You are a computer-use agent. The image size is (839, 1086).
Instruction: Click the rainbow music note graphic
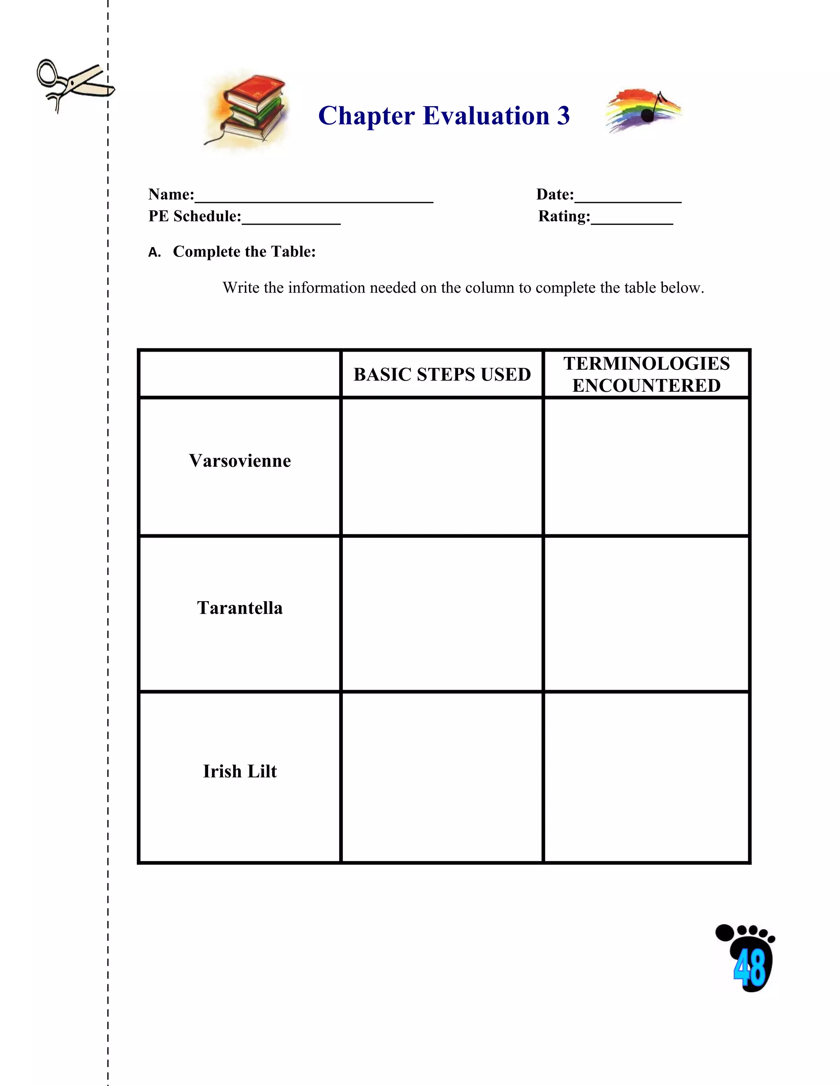click(x=643, y=110)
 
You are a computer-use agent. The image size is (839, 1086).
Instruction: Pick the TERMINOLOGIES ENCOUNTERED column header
click(x=646, y=375)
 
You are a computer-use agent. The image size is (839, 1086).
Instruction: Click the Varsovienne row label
click(x=240, y=461)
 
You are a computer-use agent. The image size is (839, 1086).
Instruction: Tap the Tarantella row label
click(x=240, y=608)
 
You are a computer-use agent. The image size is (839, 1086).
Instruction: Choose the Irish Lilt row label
click(x=240, y=771)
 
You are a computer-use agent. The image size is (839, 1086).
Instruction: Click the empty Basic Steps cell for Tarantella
click(x=442, y=613)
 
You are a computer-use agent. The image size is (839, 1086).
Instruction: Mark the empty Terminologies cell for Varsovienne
click(x=646, y=466)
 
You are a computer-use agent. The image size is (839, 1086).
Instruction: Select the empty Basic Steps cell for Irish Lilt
click(x=442, y=777)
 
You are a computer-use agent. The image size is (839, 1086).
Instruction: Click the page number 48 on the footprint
click(x=750, y=967)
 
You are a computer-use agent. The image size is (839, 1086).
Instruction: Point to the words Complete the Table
click(x=244, y=252)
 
